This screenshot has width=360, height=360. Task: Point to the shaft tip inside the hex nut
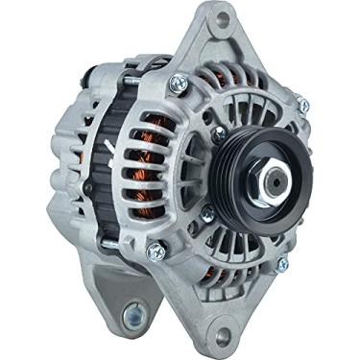(275, 179)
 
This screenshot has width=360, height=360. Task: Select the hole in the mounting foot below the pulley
(224, 333)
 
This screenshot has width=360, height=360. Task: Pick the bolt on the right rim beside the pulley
(303, 106)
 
